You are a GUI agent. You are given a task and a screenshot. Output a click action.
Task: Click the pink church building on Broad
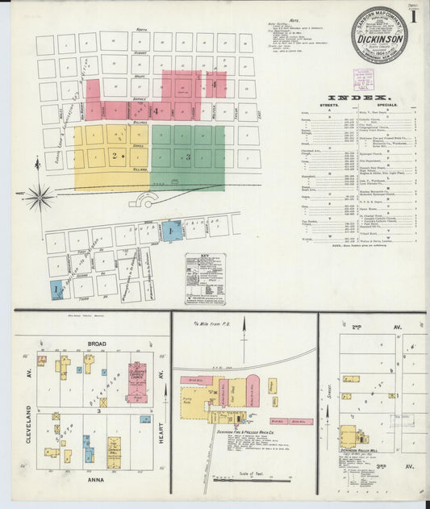point(136,382)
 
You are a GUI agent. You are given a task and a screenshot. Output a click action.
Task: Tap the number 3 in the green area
point(188,156)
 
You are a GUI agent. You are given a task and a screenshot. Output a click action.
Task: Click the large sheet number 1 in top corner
point(413,15)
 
